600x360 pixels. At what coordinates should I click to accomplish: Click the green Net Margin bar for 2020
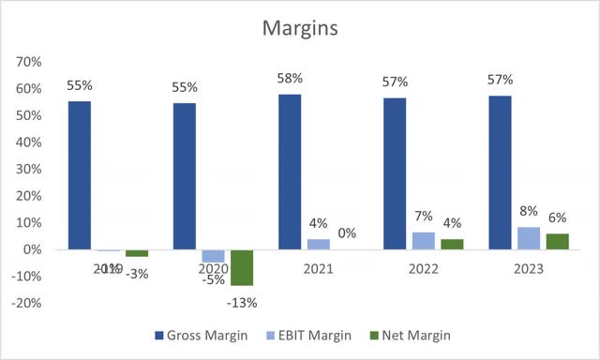(242, 267)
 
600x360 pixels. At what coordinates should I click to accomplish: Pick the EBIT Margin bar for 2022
(424, 241)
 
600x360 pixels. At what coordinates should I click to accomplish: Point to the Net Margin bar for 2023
(558, 242)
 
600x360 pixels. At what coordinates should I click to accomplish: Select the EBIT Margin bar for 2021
(319, 245)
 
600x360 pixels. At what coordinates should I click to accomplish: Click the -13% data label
(242, 302)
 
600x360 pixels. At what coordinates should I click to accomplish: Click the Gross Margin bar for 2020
(186, 176)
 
